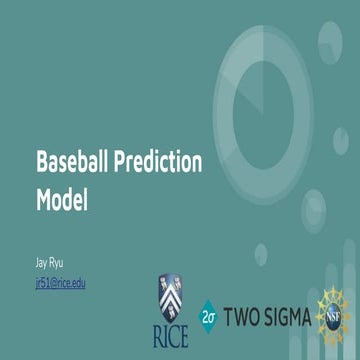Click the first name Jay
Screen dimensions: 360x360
[x=41, y=266]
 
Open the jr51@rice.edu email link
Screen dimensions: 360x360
[x=59, y=283]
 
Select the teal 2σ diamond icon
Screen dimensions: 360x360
[x=209, y=317]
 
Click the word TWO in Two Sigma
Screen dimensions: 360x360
[x=245, y=317]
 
